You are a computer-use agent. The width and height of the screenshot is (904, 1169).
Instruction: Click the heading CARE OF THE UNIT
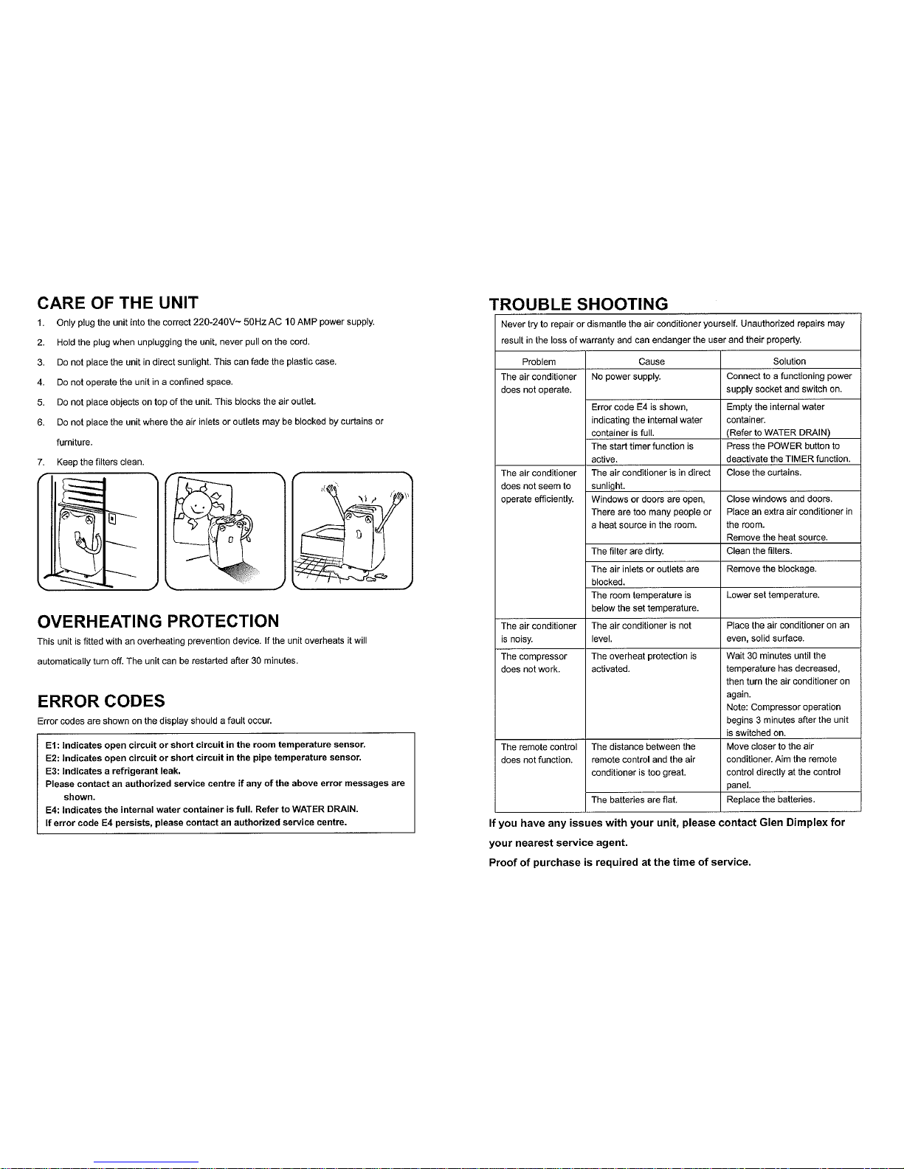pyautogui.click(x=117, y=302)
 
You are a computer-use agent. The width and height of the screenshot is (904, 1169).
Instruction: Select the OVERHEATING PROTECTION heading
pyautogui.click(x=158, y=620)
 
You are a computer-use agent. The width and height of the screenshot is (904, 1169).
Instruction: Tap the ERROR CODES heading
pyautogui.click(x=100, y=700)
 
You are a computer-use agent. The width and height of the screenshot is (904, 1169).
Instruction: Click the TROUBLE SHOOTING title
pyautogui.click(x=579, y=304)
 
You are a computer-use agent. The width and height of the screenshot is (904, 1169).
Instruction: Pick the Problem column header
pyautogui.click(x=539, y=361)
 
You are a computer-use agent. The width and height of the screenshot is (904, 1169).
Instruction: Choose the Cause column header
pyautogui.click(x=651, y=361)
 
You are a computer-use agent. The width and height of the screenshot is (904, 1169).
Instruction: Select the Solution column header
pyautogui.click(x=789, y=361)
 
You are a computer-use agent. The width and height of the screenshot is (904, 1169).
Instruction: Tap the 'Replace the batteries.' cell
pyautogui.click(x=770, y=799)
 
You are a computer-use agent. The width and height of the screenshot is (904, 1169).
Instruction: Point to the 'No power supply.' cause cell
pyautogui.click(x=626, y=377)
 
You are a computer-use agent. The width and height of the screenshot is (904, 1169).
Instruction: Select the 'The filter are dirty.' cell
pyautogui.click(x=627, y=551)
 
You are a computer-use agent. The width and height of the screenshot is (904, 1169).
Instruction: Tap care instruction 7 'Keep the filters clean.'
pyautogui.click(x=100, y=462)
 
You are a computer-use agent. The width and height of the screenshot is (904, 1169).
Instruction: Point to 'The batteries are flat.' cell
pyautogui.click(x=634, y=799)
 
